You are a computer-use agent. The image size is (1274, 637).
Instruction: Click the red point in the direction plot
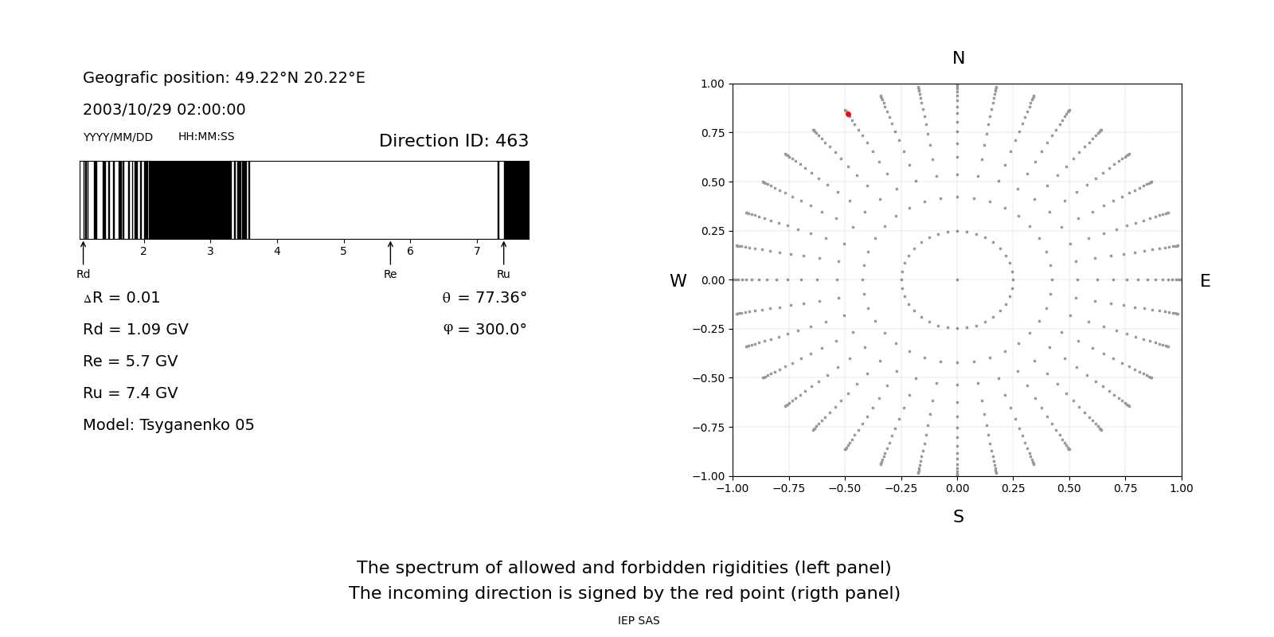tap(848, 115)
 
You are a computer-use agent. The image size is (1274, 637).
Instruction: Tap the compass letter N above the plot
tap(959, 58)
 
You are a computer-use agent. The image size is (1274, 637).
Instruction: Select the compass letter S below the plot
tap(959, 517)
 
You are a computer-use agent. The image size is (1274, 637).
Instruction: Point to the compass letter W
tap(678, 281)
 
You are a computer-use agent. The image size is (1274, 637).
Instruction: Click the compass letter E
tap(1205, 281)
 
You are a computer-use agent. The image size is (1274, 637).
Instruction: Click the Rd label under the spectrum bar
tap(84, 275)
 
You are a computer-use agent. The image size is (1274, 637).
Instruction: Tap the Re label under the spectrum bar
tap(390, 275)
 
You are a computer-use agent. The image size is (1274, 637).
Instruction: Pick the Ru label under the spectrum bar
tap(503, 275)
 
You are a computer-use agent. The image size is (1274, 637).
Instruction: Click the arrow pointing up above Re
tap(390, 252)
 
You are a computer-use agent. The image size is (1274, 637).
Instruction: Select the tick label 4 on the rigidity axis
tap(277, 252)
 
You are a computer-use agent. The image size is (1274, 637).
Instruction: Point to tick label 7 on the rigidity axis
tap(477, 252)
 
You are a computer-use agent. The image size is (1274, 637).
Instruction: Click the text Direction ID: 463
tap(454, 141)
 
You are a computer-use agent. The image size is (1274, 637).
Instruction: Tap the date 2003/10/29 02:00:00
tap(164, 110)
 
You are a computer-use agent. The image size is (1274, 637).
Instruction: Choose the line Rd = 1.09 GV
tap(135, 330)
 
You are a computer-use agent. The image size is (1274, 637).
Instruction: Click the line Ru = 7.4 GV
tap(131, 393)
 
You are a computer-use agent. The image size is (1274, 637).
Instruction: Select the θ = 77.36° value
tap(484, 298)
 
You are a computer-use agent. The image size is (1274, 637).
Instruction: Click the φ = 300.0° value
tap(485, 330)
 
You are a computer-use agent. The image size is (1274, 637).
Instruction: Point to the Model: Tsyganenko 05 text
tap(169, 425)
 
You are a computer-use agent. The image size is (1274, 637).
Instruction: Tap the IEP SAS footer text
tap(639, 621)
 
